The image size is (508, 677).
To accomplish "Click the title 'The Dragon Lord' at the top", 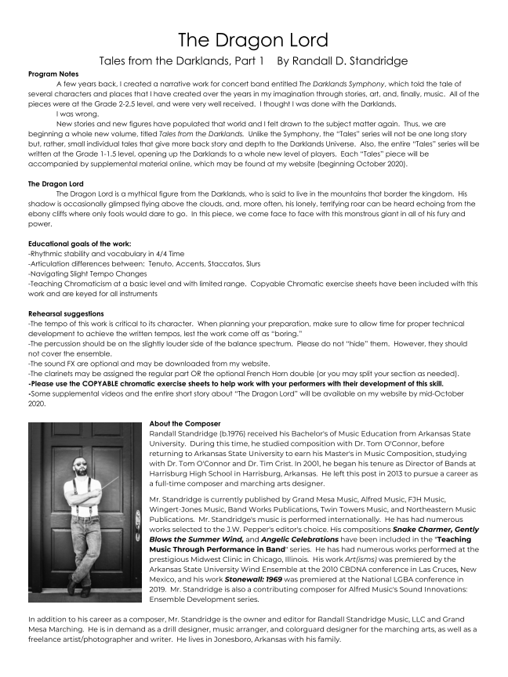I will tap(252, 38).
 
